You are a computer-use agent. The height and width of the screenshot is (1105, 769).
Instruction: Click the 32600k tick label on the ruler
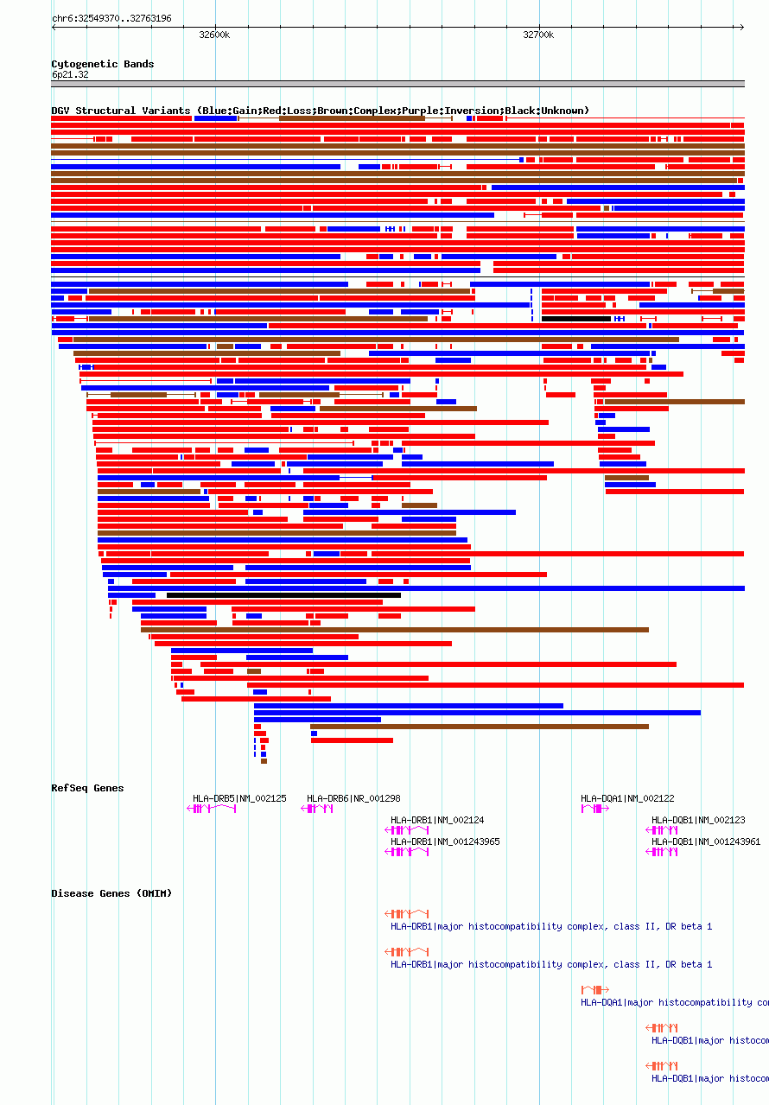(214, 35)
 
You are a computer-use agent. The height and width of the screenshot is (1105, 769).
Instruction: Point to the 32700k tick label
(538, 35)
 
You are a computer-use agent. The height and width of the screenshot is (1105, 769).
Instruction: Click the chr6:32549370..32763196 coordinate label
(111, 18)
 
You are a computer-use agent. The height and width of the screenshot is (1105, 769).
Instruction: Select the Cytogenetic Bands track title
(102, 64)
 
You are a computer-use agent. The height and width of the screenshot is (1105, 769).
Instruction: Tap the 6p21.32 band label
(69, 74)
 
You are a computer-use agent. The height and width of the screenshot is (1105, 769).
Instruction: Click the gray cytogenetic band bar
(397, 84)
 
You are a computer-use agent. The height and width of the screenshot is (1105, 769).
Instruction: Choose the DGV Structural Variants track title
(320, 111)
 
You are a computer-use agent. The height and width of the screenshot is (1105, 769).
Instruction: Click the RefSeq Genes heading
(87, 788)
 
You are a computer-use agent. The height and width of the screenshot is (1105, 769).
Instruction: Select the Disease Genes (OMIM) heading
(111, 893)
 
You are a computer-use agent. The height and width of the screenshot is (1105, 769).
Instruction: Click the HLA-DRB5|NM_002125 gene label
(239, 798)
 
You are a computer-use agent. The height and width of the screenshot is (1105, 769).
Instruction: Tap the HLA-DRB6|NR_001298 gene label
(353, 798)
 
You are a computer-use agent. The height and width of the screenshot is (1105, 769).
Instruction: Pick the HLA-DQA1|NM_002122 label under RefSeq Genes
(627, 798)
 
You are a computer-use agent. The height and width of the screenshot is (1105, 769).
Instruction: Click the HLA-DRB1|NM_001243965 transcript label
(445, 841)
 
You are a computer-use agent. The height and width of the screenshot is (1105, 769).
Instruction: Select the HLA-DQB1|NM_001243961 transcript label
(706, 841)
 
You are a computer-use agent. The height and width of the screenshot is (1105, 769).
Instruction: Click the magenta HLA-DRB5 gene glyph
(212, 809)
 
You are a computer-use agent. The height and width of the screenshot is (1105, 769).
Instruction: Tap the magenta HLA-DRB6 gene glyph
(317, 809)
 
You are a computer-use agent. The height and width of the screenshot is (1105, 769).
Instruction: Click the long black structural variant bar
(283, 595)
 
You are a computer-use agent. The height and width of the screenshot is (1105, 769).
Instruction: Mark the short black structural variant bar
(575, 319)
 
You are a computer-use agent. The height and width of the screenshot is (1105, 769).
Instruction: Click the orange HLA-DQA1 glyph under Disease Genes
(595, 989)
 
